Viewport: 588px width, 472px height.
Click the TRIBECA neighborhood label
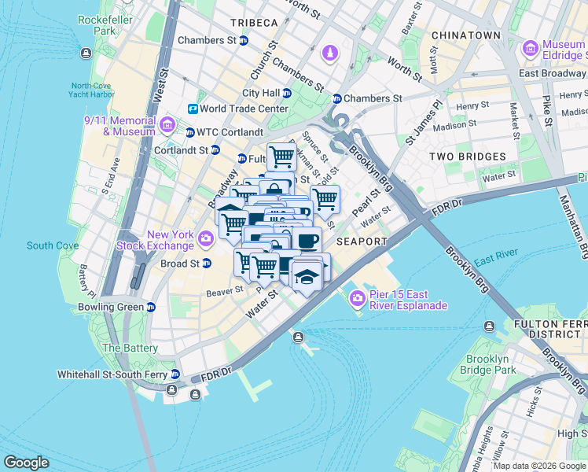pyautogui.click(x=254, y=22)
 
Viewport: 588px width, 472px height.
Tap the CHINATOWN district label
pyautogui.click(x=465, y=35)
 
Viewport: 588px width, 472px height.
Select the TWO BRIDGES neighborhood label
pyautogui.click(x=467, y=157)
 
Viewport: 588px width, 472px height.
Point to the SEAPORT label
pyautogui.click(x=362, y=242)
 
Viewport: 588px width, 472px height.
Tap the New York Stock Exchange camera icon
pyautogui.click(x=206, y=237)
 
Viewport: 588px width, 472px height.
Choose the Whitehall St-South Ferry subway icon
pyautogui.click(x=175, y=374)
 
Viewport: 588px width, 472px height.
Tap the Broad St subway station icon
pyautogui.click(x=207, y=264)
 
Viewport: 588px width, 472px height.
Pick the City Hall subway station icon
pyautogui.click(x=287, y=93)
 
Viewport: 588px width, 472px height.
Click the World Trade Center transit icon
pyautogui.click(x=192, y=109)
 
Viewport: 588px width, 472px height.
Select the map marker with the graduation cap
pyautogui.click(x=305, y=275)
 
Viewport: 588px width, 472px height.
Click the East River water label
pyautogui.click(x=495, y=258)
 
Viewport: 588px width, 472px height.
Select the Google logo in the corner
pyautogui.click(x=27, y=463)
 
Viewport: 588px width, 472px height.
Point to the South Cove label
pyautogui.click(x=52, y=245)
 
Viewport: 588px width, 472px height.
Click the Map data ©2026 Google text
pyautogui.click(x=538, y=466)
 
